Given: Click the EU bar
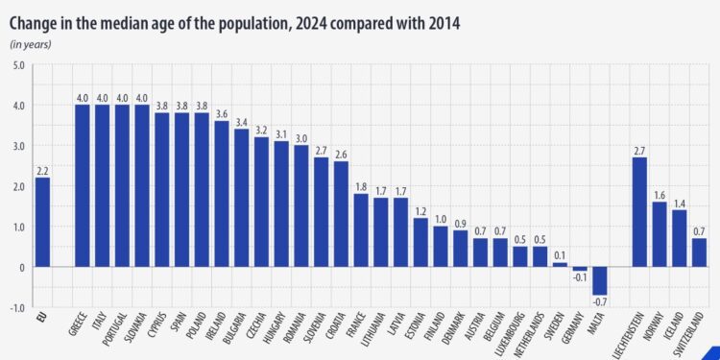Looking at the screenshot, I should [42, 222].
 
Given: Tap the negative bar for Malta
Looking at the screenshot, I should [600, 280].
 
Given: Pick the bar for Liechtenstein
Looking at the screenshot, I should [639, 211].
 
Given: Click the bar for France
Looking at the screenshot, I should [361, 230].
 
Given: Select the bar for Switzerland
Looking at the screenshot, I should [700, 252].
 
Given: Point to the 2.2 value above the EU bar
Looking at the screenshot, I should [42, 171].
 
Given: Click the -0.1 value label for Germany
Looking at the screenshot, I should [580, 277].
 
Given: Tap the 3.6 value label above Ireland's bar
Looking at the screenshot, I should [222, 114].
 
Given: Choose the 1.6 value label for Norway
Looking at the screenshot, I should [660, 195].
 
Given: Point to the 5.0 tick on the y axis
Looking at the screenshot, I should [19, 65].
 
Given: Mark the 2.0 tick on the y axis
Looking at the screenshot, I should [19, 186].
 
